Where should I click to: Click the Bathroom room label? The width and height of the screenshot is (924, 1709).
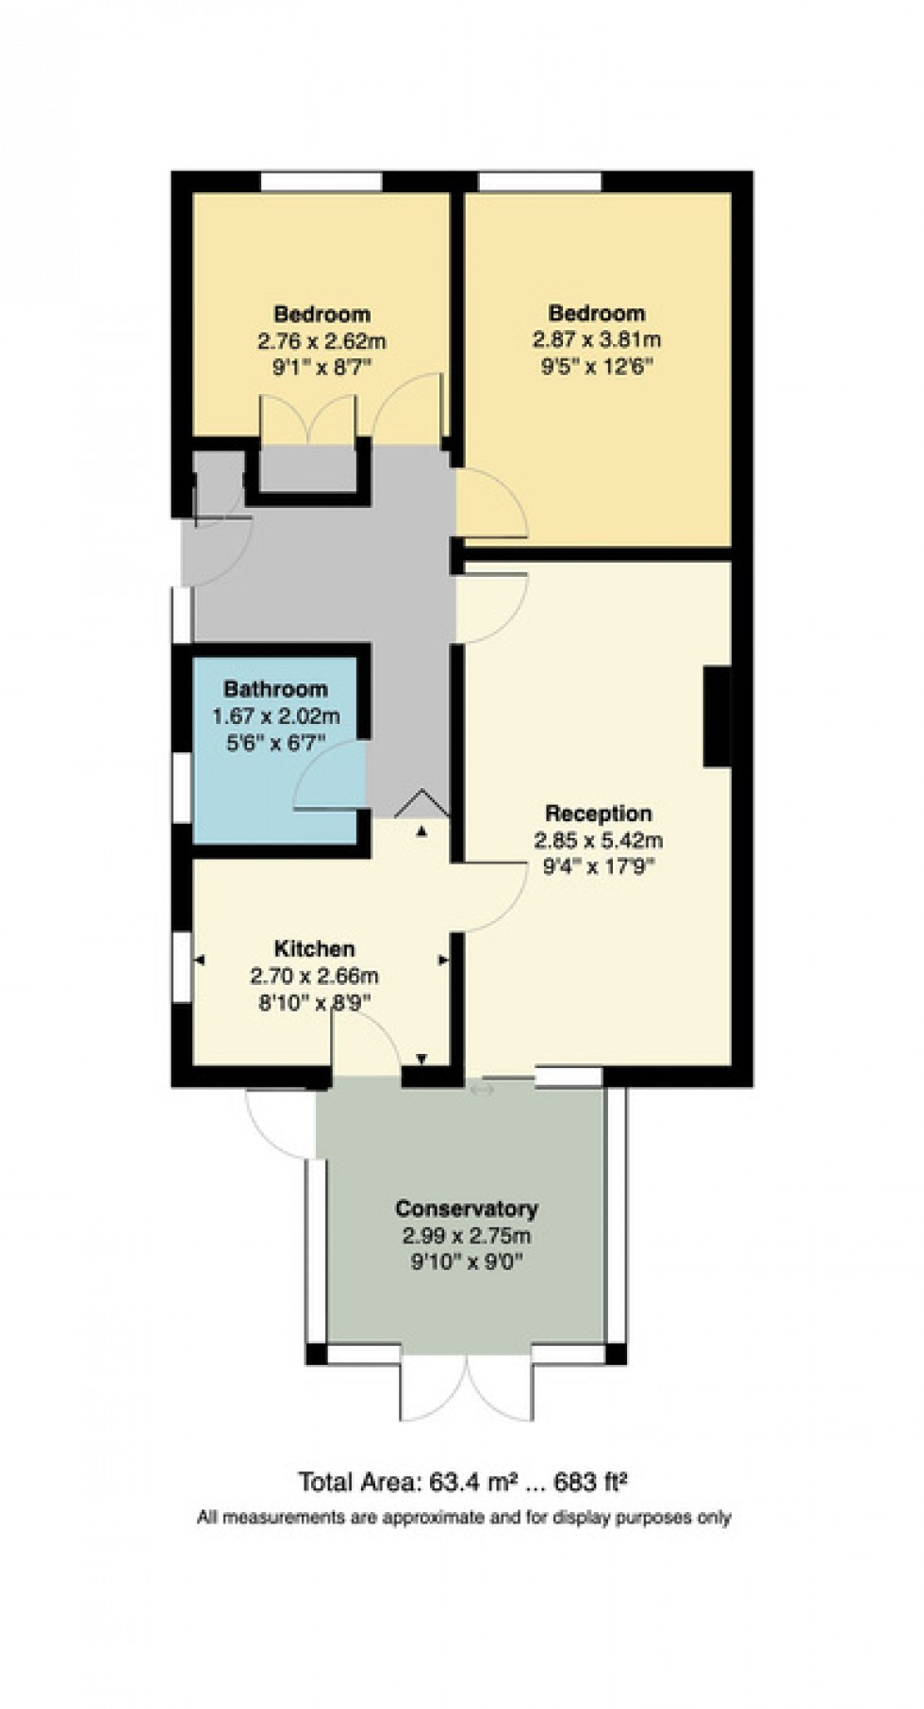[x=275, y=689]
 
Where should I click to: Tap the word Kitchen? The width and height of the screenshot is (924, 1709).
[x=314, y=948]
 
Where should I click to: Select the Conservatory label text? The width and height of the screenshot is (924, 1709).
[x=466, y=1208]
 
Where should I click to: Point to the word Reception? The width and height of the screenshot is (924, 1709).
[x=598, y=813]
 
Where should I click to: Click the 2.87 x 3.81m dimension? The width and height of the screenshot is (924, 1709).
[x=597, y=338]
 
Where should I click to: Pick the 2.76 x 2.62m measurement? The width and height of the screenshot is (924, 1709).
[x=322, y=339]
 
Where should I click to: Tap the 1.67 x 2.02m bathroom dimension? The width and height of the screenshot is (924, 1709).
[x=275, y=716]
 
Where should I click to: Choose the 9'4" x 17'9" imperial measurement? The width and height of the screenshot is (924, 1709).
[x=598, y=865]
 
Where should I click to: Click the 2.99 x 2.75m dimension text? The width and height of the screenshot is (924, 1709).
[x=466, y=1236]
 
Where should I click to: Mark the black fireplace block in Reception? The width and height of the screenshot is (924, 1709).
[x=717, y=716]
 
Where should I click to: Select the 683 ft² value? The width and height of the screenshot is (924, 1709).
[x=593, y=1483]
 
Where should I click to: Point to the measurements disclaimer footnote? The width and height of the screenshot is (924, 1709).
[x=463, y=1517]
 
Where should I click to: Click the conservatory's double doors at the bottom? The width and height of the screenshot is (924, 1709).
[x=467, y=1386]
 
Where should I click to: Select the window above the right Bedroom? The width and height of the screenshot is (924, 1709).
[x=539, y=181]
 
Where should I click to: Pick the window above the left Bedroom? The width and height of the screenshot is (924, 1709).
[x=321, y=181]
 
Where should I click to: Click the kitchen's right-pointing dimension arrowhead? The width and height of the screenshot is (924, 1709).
[x=443, y=961]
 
